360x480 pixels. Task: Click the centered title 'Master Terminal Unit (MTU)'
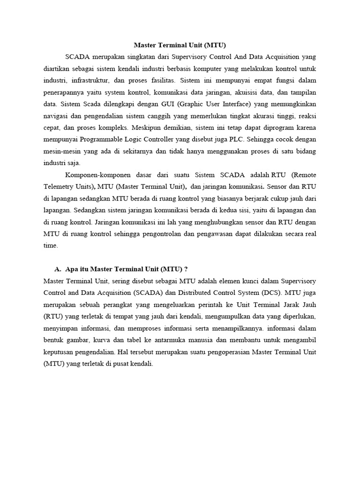tap(180, 45)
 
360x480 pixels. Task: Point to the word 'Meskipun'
tap(145, 127)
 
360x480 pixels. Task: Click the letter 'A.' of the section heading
tap(58, 269)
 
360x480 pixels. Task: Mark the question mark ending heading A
tap(186, 269)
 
